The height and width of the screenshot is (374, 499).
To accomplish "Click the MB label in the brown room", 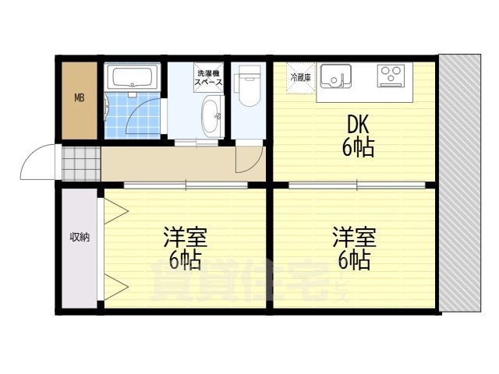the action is coord(80,97).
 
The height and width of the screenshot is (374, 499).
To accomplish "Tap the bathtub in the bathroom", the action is coord(132,77).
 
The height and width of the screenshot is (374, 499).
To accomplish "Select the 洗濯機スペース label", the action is coord(208,77).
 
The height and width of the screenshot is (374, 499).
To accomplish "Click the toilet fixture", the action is coord(248,86).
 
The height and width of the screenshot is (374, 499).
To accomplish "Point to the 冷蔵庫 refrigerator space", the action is coord(301,78).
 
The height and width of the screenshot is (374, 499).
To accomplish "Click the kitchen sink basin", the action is coord(336,76).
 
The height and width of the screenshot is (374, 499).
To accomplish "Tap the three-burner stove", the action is coord(391,76).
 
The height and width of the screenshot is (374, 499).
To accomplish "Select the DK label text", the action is coord(358,125).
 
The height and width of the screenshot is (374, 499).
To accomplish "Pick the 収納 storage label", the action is coord(80,237).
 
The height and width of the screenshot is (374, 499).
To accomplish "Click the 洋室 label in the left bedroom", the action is coord(186,237).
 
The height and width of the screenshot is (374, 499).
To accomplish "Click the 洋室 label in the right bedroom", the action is coord(355,237).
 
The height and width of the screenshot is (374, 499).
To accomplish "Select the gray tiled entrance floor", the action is coord(81,164).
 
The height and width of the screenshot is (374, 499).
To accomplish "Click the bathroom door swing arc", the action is coord(136,109).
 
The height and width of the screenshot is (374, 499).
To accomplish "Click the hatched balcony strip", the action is coord(460,184).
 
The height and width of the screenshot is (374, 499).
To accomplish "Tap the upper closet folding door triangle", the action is coord(116,211).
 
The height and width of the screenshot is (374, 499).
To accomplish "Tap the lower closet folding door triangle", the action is coord(116,287).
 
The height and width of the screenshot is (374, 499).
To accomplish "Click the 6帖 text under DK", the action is coord(358,147).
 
